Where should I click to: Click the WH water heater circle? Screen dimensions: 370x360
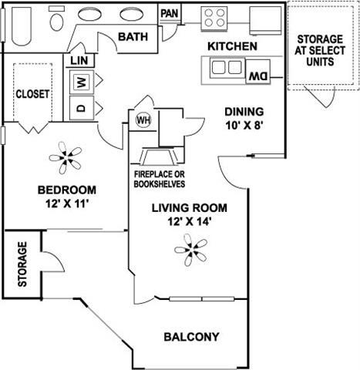143,120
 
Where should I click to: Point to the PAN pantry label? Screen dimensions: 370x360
170,13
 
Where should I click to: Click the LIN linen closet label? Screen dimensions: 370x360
79,60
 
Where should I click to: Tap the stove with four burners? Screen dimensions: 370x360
213,17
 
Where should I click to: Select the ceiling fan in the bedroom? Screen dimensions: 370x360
69,160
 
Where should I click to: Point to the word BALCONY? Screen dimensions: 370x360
192,337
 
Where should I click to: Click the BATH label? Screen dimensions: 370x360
133,36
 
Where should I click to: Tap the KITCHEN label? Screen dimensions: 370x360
232,46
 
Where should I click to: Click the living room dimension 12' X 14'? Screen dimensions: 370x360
182,220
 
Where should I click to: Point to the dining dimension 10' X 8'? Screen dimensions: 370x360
244,125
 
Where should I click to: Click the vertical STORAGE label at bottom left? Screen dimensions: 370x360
23,264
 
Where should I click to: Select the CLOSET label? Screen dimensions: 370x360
32,94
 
